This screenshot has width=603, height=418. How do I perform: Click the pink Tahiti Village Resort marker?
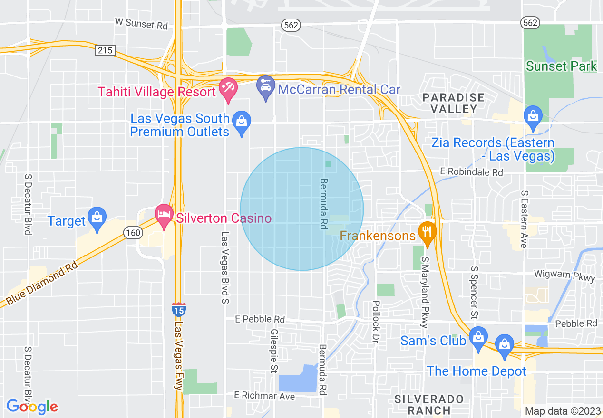click(x=228, y=90)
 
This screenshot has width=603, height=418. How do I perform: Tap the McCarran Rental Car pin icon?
click(x=265, y=87)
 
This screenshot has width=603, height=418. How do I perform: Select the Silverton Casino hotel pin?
click(x=165, y=217)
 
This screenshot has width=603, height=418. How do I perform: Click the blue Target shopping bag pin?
click(x=97, y=218)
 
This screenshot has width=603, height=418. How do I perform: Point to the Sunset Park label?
click(x=561, y=66)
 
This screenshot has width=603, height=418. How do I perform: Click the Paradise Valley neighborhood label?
click(x=454, y=103)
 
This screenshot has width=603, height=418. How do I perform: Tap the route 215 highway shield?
click(x=105, y=50)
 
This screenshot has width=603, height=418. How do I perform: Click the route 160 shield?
click(x=133, y=232)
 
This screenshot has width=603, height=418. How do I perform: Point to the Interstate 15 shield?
click(x=179, y=310)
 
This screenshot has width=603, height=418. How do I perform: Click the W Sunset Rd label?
click(x=142, y=23)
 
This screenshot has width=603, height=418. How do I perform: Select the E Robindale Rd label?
click(x=471, y=172)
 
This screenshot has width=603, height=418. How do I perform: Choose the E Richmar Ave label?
click(x=264, y=396)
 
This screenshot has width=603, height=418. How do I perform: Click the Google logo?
click(x=32, y=407)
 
